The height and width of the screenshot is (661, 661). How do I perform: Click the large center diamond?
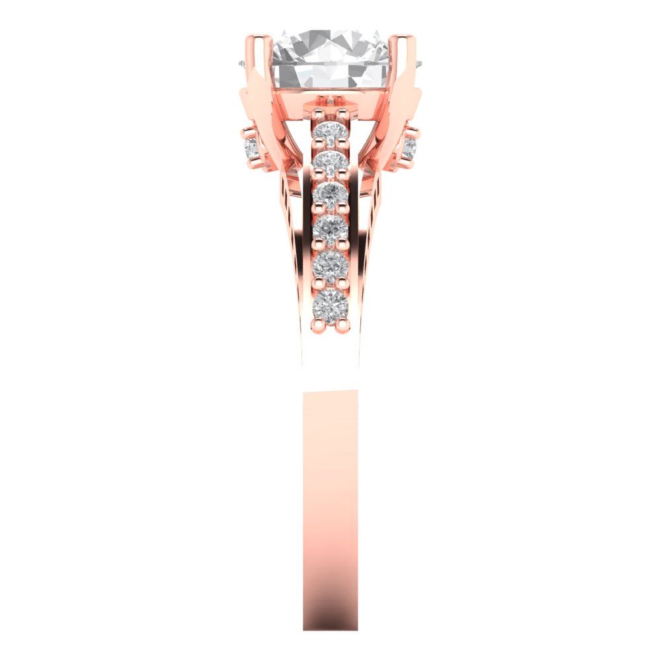(x=330, y=56)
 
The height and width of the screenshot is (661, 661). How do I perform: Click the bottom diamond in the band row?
(x=330, y=304)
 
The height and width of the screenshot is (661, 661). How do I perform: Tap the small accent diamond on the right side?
(x=410, y=147)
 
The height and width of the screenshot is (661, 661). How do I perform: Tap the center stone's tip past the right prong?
(x=420, y=63)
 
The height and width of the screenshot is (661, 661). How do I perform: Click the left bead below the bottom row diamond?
(x=319, y=324)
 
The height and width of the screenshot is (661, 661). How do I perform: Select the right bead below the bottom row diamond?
(x=342, y=324)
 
